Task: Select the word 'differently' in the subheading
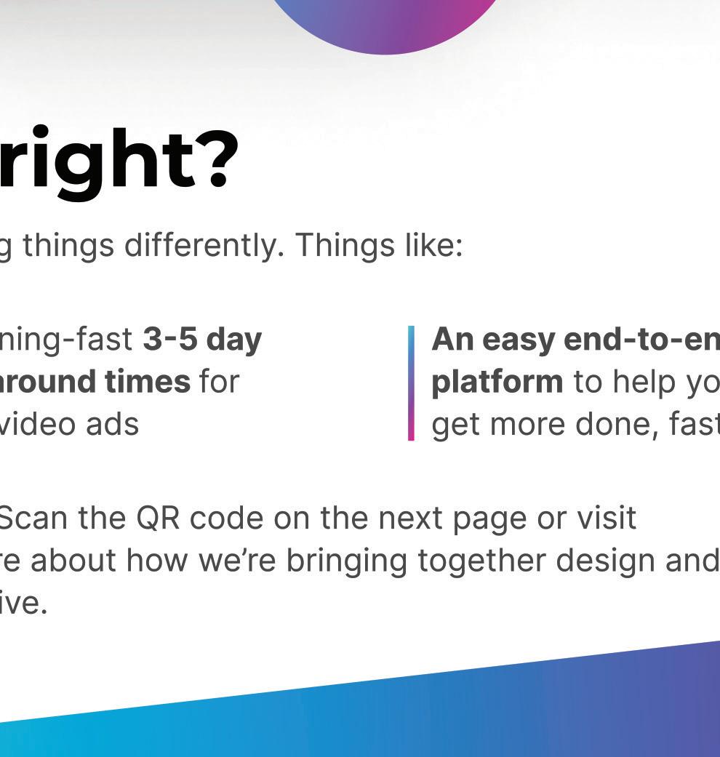(204, 246)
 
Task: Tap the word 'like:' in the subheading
(433, 245)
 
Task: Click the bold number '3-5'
(170, 340)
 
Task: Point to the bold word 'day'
(233, 341)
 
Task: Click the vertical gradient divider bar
(411, 383)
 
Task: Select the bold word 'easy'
(517, 341)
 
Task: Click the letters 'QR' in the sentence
(157, 518)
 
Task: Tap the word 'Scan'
(33, 518)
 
